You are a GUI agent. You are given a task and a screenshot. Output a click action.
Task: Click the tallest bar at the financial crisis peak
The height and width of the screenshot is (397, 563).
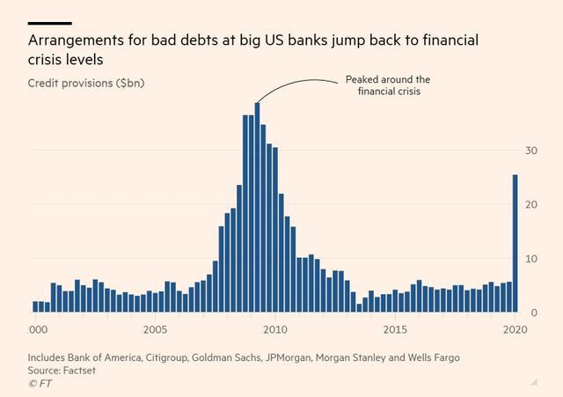click(x=258, y=207)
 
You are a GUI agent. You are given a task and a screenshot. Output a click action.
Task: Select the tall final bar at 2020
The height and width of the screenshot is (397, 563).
click(x=515, y=243)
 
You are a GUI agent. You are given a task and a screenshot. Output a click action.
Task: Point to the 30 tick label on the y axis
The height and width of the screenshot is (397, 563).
click(x=531, y=151)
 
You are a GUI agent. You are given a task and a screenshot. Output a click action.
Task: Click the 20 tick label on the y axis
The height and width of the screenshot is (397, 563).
click(x=531, y=205)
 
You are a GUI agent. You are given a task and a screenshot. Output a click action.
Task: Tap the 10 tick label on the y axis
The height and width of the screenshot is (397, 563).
click(x=531, y=259)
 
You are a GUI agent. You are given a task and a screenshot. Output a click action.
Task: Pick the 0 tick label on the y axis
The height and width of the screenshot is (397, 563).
click(x=534, y=312)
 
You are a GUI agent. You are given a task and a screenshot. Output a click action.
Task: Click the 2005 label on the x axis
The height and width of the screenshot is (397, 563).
click(x=155, y=329)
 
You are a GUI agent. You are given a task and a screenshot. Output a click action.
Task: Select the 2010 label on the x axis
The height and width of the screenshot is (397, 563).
click(x=275, y=329)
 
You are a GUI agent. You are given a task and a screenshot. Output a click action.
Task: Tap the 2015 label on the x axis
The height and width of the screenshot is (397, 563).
click(x=395, y=329)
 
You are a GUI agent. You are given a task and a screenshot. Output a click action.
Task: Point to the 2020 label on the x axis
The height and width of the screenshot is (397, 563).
click(x=515, y=329)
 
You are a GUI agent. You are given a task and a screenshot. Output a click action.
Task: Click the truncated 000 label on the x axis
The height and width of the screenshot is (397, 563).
click(x=38, y=329)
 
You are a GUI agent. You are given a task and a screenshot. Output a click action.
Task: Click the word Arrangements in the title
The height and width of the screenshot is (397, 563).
click(x=77, y=40)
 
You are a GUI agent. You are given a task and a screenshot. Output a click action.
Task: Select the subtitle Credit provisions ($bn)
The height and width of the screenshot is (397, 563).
click(x=86, y=84)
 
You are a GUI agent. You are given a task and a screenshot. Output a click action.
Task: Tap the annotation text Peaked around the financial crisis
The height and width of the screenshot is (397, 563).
click(x=388, y=85)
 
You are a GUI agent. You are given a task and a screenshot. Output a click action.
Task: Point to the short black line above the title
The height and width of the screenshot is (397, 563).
click(x=50, y=24)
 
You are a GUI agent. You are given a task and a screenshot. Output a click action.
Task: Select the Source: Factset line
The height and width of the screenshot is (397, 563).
click(x=62, y=371)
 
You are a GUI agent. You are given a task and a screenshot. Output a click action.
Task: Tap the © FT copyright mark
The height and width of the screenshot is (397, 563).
click(x=40, y=384)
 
